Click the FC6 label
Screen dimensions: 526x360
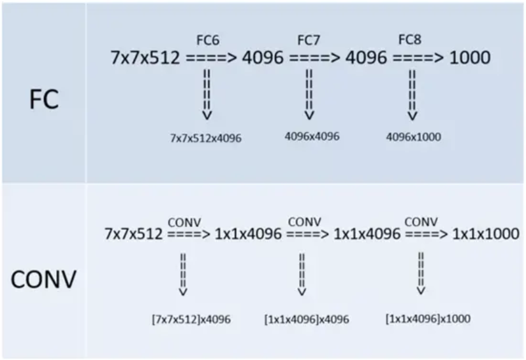[208, 40]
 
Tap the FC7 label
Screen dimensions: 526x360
[309, 40]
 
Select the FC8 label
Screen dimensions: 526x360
[409, 40]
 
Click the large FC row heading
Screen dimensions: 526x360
[44, 99]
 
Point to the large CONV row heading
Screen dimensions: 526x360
[43, 279]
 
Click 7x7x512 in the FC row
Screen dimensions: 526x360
[145, 57]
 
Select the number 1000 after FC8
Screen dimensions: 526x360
[470, 57]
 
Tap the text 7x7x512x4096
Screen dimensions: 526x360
[206, 138]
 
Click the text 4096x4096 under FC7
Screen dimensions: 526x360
[312, 136]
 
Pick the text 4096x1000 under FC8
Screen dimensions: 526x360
[413, 137]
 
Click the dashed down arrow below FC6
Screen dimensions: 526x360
[207, 94]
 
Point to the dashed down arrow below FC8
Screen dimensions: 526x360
[413, 95]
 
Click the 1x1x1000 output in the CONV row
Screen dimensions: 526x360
[486, 234]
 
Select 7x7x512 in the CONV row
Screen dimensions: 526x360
[133, 234]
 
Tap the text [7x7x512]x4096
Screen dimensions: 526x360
[191, 319]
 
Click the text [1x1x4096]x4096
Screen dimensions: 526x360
[307, 319]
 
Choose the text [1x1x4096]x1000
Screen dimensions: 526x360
[428, 319]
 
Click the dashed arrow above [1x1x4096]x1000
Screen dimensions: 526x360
[421, 273]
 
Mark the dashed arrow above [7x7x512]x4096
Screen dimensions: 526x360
[183, 275]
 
